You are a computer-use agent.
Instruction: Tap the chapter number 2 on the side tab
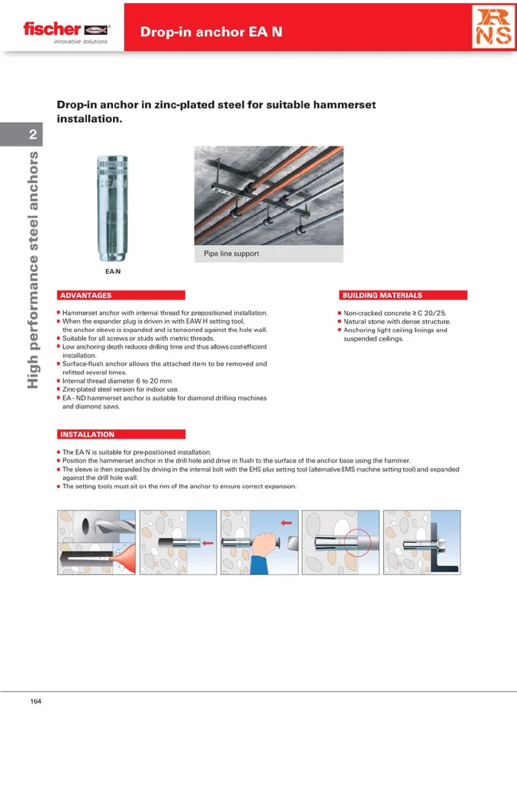(33, 135)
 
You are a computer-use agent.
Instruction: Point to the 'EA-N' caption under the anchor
(112, 271)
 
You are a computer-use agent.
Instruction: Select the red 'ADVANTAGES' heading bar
(121, 295)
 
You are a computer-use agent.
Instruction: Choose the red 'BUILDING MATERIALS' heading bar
(403, 295)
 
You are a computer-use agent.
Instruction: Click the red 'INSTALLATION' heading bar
(121, 435)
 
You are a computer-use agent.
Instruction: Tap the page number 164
(36, 701)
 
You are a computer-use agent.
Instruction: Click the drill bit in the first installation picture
(104, 529)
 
